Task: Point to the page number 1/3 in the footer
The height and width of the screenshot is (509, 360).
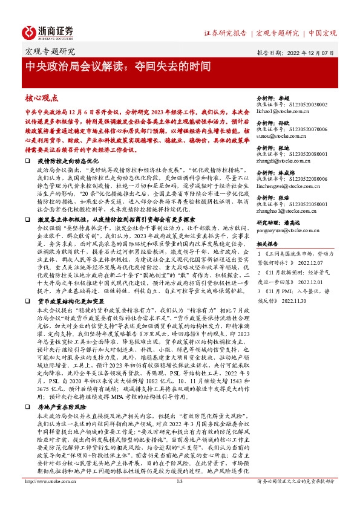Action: tap(179, 498)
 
